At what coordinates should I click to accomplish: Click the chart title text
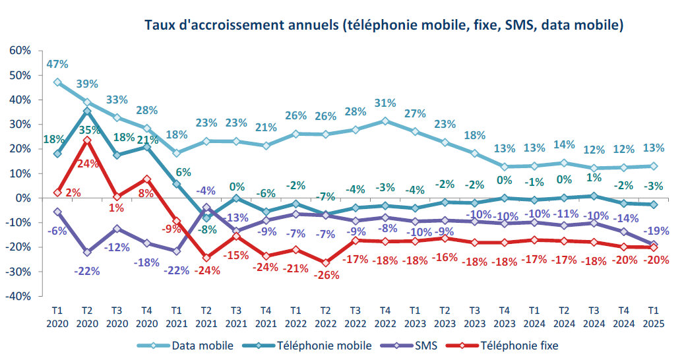click(384, 25)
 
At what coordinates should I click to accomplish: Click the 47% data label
click(57, 65)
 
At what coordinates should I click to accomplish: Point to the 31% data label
click(385, 104)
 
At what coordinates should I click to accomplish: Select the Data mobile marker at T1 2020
click(57, 82)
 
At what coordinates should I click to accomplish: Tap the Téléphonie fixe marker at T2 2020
click(87, 140)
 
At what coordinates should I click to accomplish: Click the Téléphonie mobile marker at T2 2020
click(87, 111)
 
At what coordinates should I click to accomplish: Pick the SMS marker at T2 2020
click(87, 252)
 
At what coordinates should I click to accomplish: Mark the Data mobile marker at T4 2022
click(385, 121)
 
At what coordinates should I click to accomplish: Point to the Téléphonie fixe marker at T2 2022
click(325, 262)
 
